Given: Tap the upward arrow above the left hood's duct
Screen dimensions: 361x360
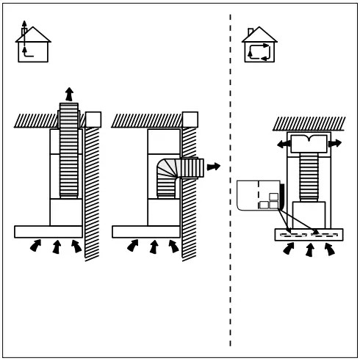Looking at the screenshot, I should click(69, 94).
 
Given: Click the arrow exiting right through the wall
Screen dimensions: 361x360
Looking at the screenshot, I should click(213, 167).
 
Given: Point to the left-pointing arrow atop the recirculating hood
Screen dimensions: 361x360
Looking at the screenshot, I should click(284, 145).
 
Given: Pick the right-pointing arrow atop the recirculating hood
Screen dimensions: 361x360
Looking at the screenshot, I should click(335, 144).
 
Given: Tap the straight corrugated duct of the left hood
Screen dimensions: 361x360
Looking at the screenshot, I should click(69, 150).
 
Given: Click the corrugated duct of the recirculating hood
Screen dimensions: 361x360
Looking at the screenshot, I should click(309, 176).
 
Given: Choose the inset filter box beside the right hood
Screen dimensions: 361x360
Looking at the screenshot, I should click(259, 195).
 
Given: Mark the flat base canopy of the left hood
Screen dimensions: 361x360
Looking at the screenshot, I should click(48, 232).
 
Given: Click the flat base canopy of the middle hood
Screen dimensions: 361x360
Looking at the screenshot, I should click(146, 232).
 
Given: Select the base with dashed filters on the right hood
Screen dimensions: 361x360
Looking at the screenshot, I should click(309, 235).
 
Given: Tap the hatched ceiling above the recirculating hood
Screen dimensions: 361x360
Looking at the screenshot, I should click(309, 123).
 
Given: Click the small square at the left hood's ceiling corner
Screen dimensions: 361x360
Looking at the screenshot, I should click(93, 120).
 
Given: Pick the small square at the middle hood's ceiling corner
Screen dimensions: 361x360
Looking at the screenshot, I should click(190, 120).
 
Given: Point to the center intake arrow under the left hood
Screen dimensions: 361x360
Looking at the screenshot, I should click(56, 247).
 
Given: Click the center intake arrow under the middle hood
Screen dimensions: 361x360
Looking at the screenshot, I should click(154, 247).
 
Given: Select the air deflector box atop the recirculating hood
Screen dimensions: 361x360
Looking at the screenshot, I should click(309, 143).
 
